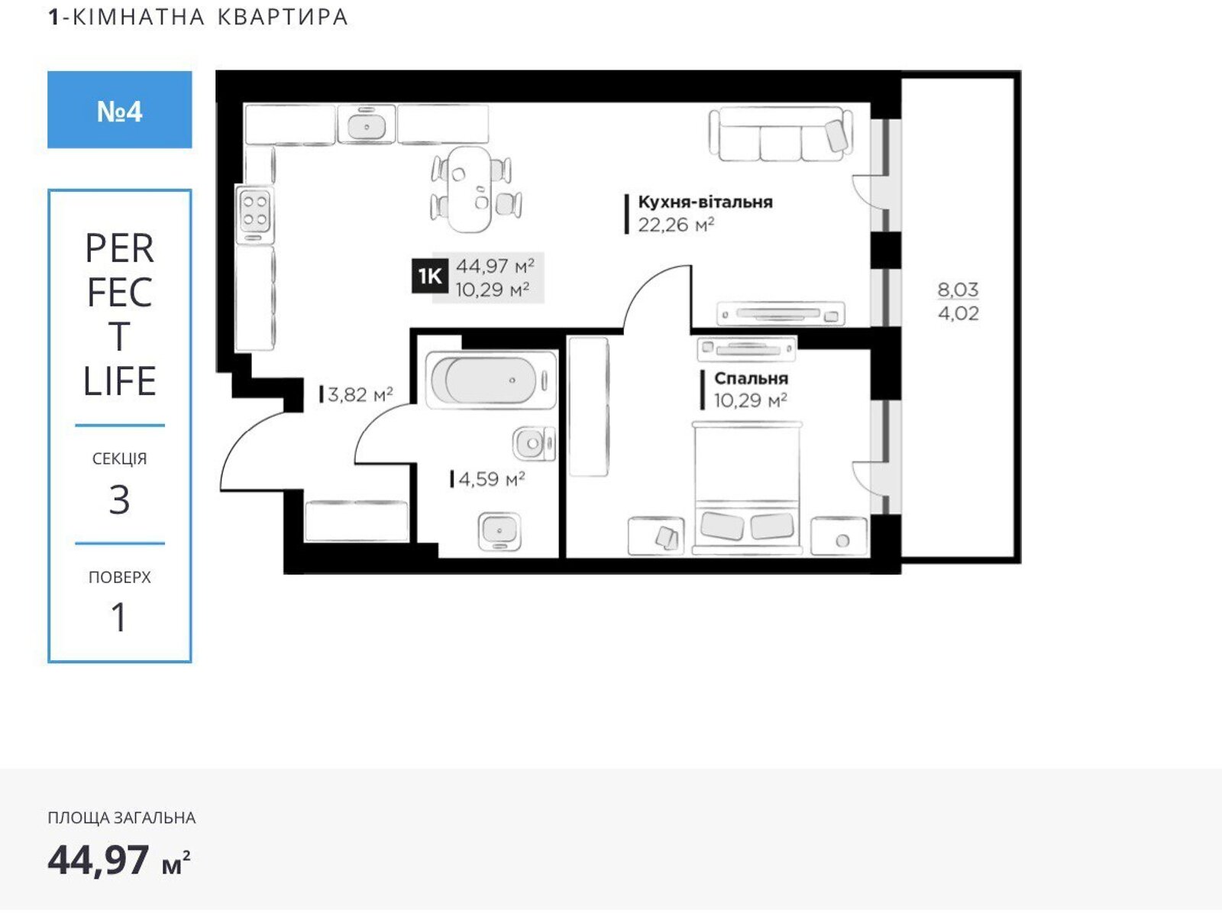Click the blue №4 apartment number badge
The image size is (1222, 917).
coord(120,110)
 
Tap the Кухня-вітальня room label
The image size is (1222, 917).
coord(705,202)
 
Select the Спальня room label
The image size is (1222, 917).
coord(751,378)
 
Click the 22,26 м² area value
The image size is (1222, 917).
coord(676,225)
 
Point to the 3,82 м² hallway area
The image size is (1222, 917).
coord(360,395)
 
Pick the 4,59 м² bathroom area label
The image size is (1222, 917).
coord(492,479)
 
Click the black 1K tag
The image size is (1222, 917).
coord(430,276)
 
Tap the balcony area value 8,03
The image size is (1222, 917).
coord(958,290)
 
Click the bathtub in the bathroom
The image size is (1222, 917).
coord(490,381)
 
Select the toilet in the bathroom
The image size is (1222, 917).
coord(534,444)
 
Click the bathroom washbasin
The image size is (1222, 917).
coord(499,531)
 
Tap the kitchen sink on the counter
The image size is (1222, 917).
coord(367,125)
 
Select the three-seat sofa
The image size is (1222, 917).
coord(781,134)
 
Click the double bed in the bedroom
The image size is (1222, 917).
coord(746,488)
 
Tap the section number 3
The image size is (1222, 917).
coord(119,500)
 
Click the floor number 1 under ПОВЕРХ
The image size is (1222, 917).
coord(119,617)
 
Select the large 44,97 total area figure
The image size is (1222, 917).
coord(99,860)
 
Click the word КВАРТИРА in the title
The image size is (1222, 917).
coord(283,17)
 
